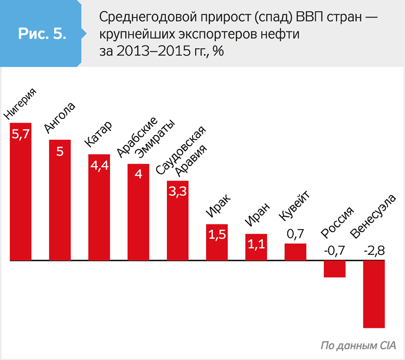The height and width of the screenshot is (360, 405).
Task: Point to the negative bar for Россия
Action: tap(335, 269)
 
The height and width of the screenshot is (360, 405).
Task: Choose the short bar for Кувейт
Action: tap(296, 252)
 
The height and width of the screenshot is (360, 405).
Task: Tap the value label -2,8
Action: tap(373, 251)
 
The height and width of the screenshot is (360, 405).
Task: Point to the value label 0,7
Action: tap(295, 234)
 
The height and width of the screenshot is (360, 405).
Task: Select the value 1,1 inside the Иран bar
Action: tap(256, 244)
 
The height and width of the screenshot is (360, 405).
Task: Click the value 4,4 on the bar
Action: tap(99, 166)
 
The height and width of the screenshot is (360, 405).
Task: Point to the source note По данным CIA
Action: tap(358, 346)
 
